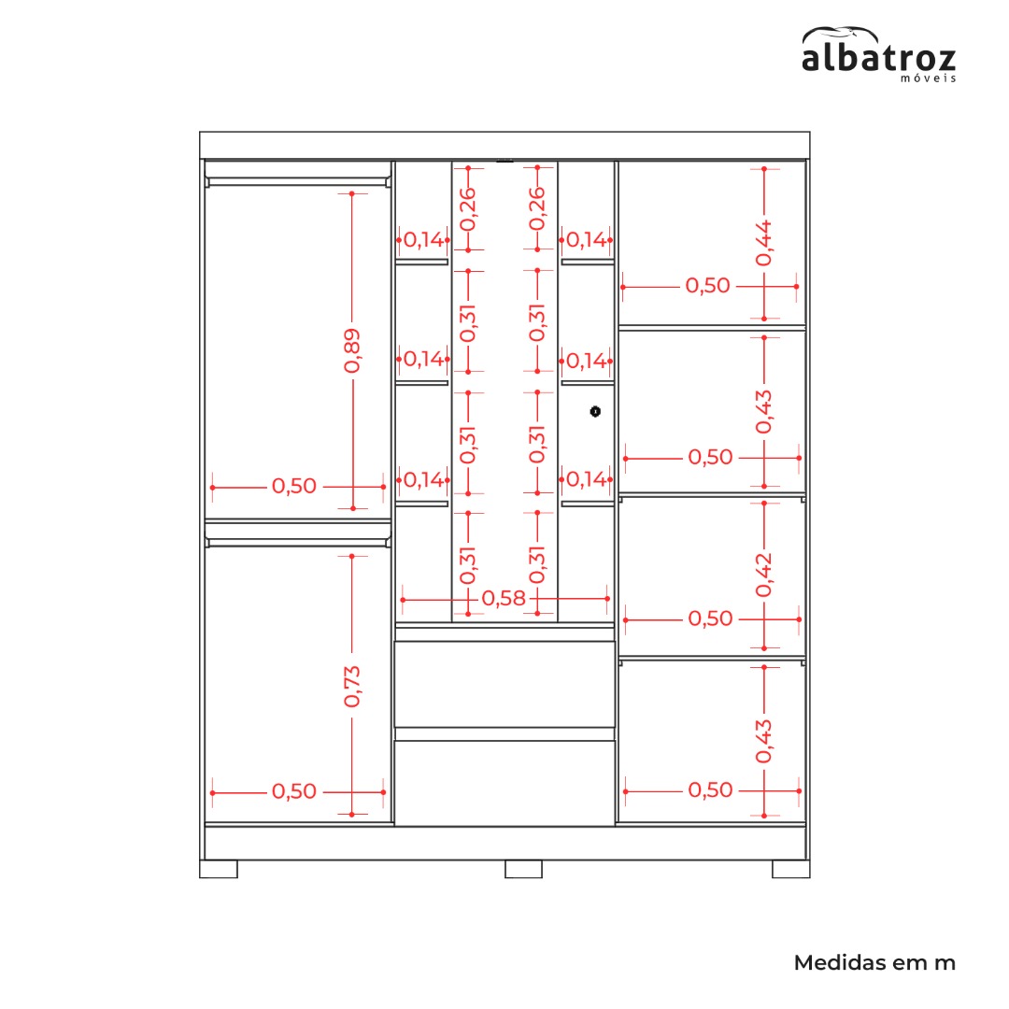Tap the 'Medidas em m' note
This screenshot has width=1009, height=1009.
click(x=874, y=962)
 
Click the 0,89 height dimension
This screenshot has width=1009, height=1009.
click(x=352, y=350)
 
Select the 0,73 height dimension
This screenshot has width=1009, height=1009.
click(x=352, y=687)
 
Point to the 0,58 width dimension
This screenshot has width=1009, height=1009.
click(x=504, y=599)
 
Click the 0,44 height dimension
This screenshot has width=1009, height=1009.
click(x=764, y=243)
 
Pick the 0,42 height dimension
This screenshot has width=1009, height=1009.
click(x=764, y=575)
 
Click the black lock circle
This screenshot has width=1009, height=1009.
click(x=595, y=411)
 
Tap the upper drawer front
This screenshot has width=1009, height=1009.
click(x=504, y=684)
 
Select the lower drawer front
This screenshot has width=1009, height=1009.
click(x=504, y=783)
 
